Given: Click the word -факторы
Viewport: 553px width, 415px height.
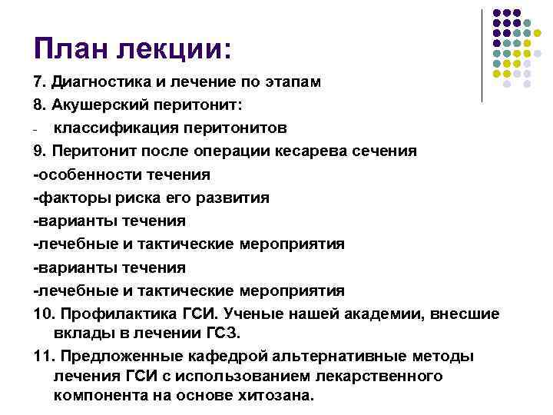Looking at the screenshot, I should pyautogui.click(x=69, y=198).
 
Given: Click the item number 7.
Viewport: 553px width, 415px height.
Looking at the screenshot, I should pyautogui.click(x=39, y=81).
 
